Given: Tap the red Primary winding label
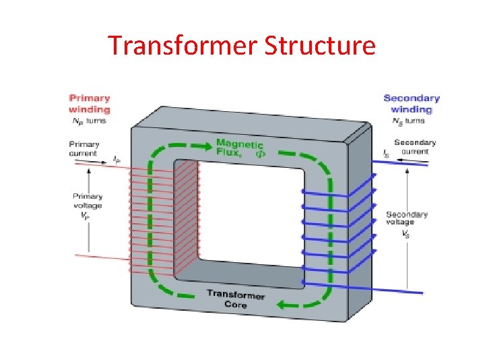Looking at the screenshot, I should [90, 103].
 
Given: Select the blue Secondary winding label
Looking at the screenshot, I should [411, 103].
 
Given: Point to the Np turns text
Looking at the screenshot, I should [89, 121].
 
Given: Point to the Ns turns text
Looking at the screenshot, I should [409, 121].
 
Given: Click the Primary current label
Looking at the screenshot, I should [84, 148].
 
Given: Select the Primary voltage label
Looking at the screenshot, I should [87, 200].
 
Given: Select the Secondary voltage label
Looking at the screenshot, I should [407, 219].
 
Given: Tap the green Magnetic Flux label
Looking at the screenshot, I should [239, 148].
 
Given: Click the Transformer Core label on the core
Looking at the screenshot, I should [236, 299].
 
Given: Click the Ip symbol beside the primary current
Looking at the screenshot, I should [117, 160].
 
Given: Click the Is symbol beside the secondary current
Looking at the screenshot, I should [386, 154].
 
